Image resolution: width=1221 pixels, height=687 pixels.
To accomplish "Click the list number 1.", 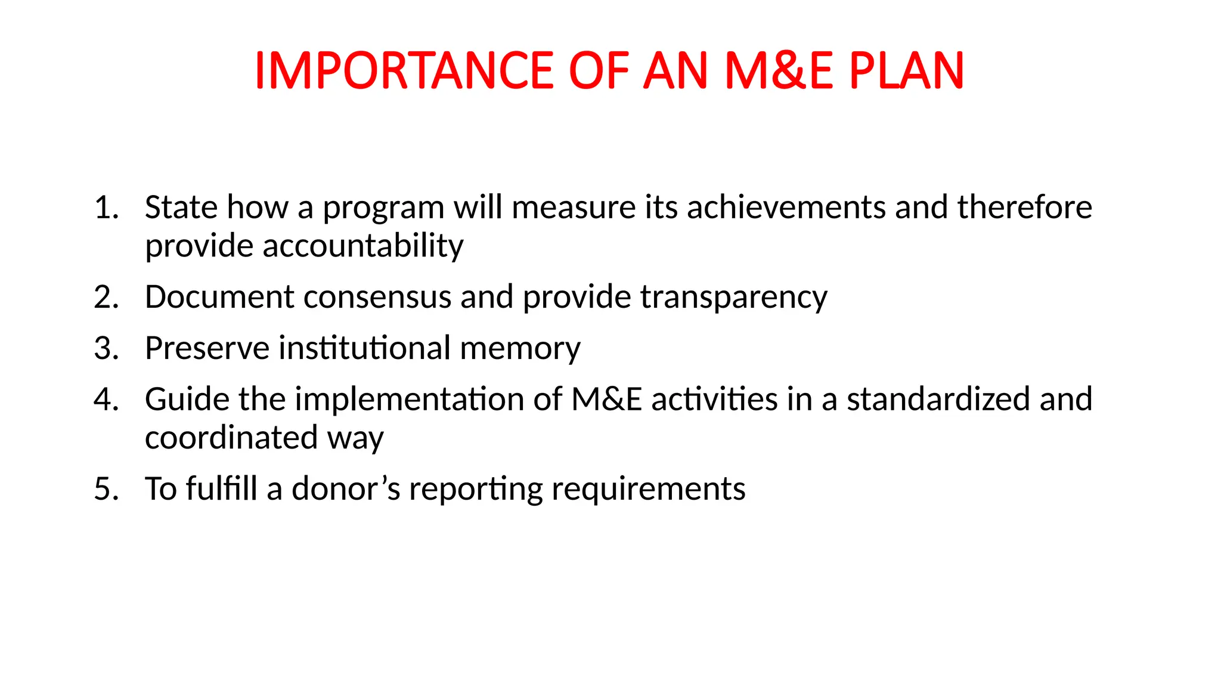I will [106, 208].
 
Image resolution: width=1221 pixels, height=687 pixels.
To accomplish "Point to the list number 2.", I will [106, 297].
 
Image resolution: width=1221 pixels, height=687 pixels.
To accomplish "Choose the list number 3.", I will [106, 348].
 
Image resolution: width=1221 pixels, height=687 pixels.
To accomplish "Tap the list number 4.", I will [106, 399].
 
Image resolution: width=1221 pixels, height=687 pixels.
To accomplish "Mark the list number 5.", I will [106, 489].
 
